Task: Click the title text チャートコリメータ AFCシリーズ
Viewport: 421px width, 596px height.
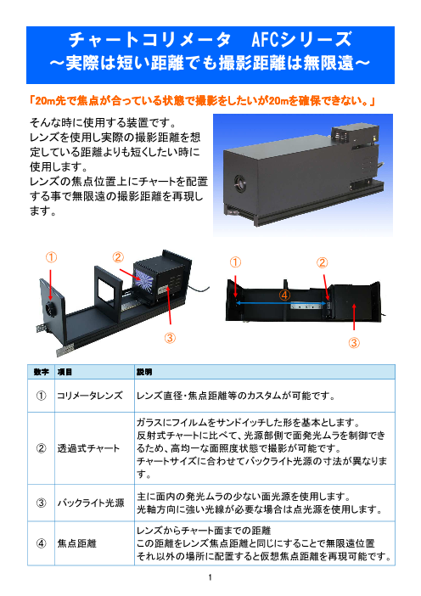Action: tap(210, 39)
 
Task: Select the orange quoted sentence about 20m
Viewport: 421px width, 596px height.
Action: tap(202, 101)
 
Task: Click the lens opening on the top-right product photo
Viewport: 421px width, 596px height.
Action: tap(239, 183)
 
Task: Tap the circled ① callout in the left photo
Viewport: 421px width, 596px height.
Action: tap(51, 257)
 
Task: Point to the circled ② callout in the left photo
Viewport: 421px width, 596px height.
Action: tap(118, 257)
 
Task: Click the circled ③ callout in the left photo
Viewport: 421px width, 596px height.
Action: tap(170, 338)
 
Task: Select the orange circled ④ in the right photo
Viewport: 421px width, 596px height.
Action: tap(284, 295)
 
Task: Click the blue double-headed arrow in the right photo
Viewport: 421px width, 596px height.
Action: tap(281, 303)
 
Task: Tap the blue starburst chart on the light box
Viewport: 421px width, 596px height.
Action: tap(144, 281)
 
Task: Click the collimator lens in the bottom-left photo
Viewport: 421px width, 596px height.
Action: tap(51, 309)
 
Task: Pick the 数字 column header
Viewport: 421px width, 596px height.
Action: tap(41, 372)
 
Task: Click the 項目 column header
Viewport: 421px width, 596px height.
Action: tap(65, 372)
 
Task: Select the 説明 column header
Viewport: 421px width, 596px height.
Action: tap(144, 372)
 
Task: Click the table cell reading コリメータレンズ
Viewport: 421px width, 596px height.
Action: tap(90, 396)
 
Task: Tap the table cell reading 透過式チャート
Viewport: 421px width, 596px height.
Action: tap(88, 448)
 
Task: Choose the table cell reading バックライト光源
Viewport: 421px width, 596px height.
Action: tap(91, 503)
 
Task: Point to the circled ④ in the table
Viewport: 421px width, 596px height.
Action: tap(41, 543)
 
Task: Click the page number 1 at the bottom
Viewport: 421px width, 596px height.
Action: tap(210, 577)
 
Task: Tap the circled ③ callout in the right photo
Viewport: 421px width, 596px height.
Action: tap(354, 343)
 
